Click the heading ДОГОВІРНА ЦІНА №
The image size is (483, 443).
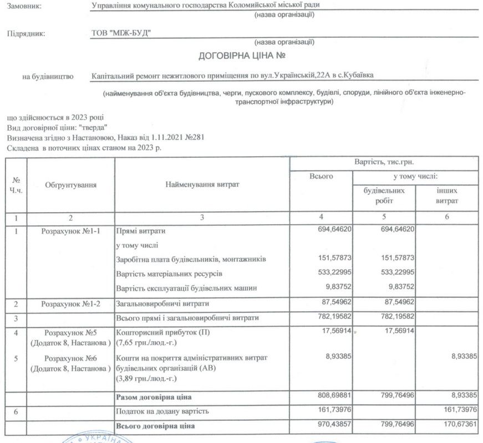pos(242,56)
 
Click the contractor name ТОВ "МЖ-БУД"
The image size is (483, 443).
pos(121,33)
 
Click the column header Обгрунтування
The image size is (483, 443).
pos(71,185)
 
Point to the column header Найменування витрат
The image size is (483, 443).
pos(202,184)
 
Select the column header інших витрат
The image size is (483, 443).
pos(447,194)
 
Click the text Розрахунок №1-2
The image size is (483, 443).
pos(71,304)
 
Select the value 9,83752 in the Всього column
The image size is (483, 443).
pos(335,287)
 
